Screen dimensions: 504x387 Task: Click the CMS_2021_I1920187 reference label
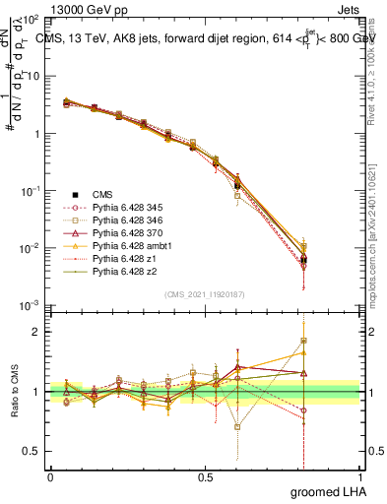pyautogui.click(x=205, y=294)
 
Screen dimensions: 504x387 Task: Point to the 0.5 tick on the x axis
pyautogui.click(x=205, y=476)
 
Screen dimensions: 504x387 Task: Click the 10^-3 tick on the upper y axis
pyautogui.click(x=32, y=304)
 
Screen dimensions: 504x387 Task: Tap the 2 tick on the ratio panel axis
pyautogui.click(x=38, y=333)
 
